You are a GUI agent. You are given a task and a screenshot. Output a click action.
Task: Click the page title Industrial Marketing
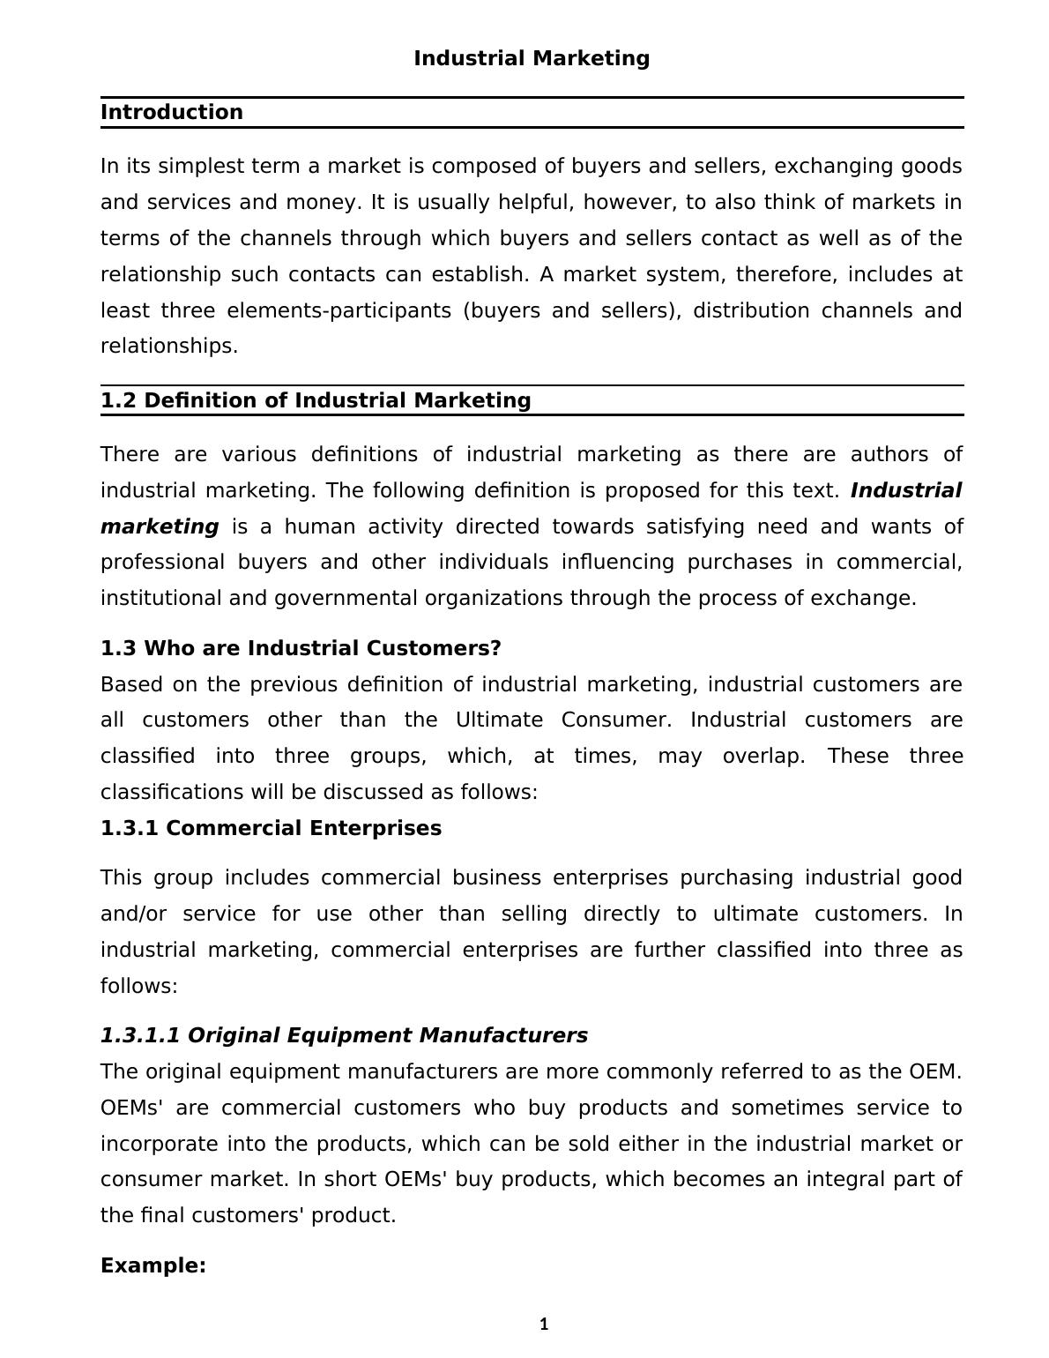pyautogui.click(x=532, y=58)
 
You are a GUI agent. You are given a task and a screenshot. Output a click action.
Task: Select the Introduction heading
pyautogui.click(x=172, y=112)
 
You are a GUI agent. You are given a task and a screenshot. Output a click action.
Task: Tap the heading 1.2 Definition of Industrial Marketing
pyautogui.click(x=316, y=400)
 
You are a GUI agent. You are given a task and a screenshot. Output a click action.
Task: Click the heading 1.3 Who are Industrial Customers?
pyautogui.click(x=301, y=648)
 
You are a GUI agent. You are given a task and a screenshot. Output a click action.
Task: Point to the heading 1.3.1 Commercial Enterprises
pyautogui.click(x=271, y=828)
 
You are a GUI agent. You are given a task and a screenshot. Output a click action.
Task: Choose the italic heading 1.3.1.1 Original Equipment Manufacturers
pyautogui.click(x=344, y=1035)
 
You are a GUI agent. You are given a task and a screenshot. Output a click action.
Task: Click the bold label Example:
pyautogui.click(x=153, y=1265)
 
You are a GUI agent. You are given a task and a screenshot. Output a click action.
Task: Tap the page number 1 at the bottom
pyautogui.click(x=544, y=1324)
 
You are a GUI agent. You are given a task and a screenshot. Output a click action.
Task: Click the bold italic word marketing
pyautogui.click(x=160, y=526)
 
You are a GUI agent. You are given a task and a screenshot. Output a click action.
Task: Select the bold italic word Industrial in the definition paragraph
pyautogui.click(x=905, y=490)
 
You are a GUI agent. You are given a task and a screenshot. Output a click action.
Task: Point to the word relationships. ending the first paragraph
pyautogui.click(x=169, y=346)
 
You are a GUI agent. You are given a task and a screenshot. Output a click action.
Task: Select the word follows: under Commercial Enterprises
pyautogui.click(x=139, y=986)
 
